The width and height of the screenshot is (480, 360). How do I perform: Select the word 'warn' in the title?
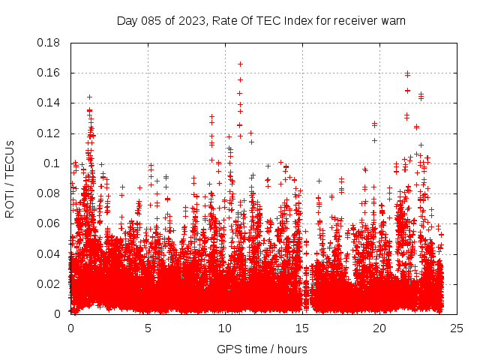(392, 20)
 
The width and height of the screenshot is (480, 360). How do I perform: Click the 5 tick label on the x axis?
(148, 328)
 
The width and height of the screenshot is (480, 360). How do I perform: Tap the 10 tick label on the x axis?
(224, 328)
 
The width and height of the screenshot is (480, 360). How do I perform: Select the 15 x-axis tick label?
(301, 328)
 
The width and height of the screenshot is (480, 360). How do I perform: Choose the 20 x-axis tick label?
(379, 328)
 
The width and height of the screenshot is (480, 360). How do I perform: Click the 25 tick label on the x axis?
(456, 328)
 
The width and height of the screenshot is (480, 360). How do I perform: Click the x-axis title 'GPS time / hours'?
(262, 349)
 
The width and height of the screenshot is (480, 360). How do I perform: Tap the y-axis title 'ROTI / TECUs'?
(10, 178)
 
